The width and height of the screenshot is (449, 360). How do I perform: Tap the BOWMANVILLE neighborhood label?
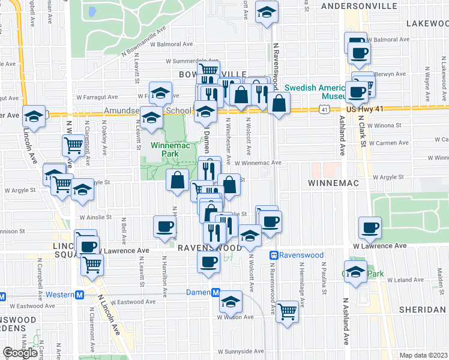tap(204, 74)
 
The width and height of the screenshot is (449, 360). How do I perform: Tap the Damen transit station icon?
tap(215, 292)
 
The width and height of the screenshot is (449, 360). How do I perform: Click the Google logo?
tap(20, 352)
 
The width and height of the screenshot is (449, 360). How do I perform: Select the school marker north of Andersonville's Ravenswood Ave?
tap(265, 13)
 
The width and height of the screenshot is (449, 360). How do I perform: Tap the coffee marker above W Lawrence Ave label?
tap(370, 227)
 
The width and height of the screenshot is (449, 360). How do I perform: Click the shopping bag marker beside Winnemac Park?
tap(177, 179)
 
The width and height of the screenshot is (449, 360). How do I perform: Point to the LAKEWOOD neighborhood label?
tap(427, 23)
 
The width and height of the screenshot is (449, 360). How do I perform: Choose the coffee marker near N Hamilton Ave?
tap(165, 226)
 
